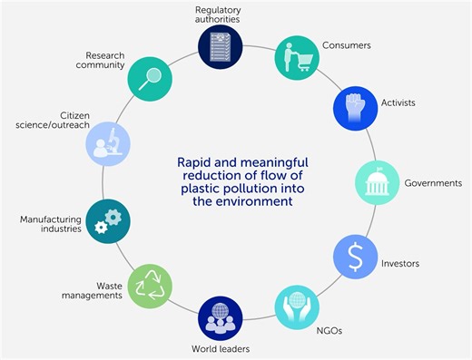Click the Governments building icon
tap(377, 183)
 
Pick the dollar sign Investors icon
tap(357, 259)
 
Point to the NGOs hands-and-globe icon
tap(298, 308)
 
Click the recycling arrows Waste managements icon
tap(149, 286)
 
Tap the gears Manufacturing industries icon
tap(108, 221)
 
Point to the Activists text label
tap(397, 103)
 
